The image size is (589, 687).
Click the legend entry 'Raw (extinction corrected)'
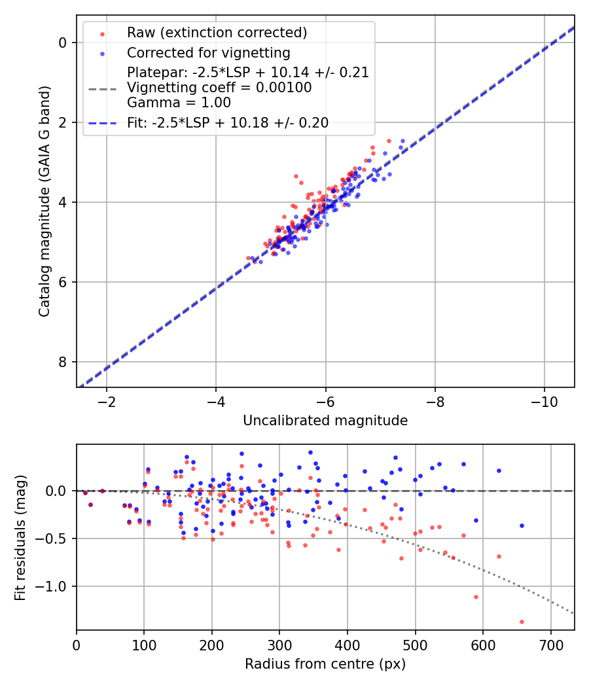point(217,33)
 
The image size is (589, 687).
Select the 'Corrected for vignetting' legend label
point(209,52)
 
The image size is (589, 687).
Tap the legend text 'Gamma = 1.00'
point(179,102)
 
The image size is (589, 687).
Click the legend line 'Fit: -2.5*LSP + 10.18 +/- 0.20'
point(228,122)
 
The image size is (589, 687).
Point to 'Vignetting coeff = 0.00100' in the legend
point(219,87)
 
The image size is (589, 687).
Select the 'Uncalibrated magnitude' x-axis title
point(325,421)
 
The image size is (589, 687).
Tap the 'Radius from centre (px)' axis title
point(325,664)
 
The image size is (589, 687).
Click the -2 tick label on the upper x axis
point(107,401)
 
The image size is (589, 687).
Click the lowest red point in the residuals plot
point(522,622)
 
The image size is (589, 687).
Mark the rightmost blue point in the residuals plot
point(522,525)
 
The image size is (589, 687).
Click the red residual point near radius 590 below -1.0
point(476,597)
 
